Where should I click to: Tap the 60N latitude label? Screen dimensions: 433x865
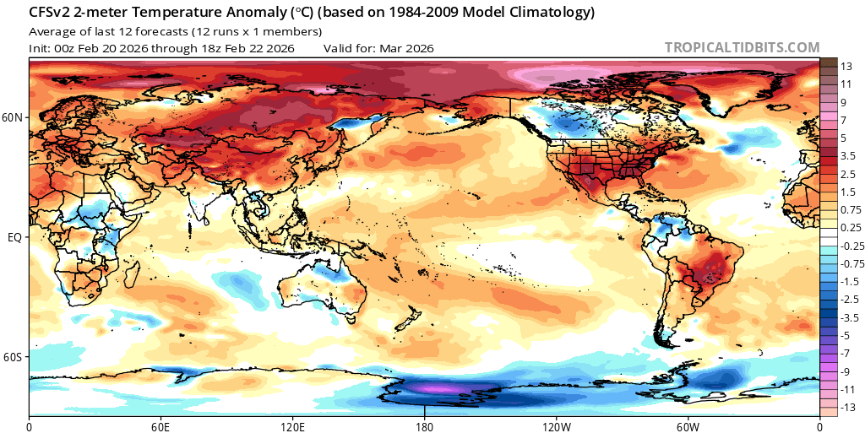click(x=14, y=118)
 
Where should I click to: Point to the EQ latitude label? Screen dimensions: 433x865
click(x=14, y=238)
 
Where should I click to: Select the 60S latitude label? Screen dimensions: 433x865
click(x=14, y=358)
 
